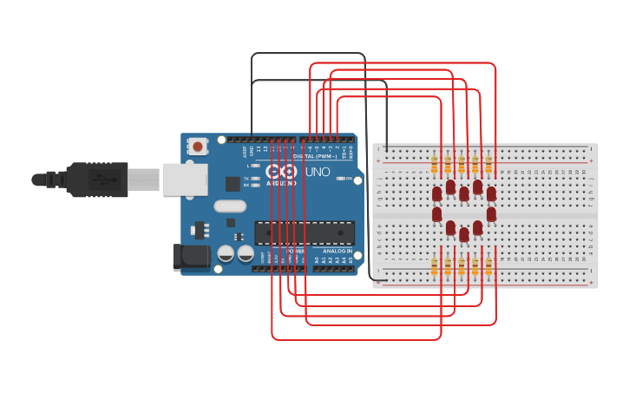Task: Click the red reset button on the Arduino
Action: click(198, 147)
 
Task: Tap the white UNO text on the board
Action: click(318, 172)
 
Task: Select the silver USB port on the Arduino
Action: click(185, 180)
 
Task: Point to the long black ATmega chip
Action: click(304, 233)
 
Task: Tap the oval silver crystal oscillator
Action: click(230, 206)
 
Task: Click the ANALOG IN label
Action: click(337, 251)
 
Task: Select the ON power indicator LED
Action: click(341, 179)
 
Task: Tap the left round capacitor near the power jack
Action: click(226, 253)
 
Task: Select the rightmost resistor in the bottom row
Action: click(488, 266)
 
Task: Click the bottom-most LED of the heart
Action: click(464, 234)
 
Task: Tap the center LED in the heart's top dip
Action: click(464, 193)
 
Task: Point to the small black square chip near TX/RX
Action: click(233, 184)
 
